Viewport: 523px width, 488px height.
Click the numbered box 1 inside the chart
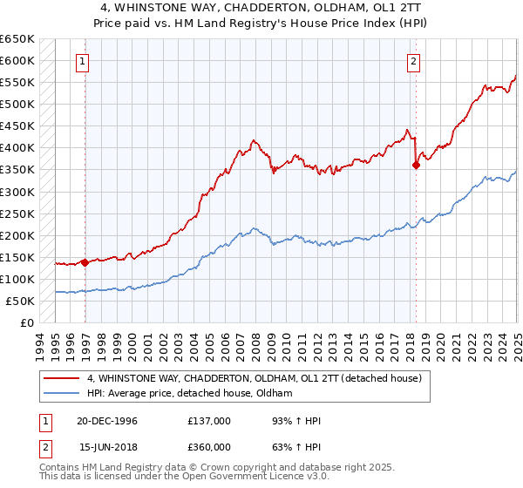(81, 61)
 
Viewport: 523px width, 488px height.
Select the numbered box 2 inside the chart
(412, 61)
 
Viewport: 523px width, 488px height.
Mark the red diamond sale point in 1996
(85, 261)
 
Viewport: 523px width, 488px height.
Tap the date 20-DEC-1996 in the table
(108, 421)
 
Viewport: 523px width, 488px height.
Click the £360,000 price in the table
(209, 446)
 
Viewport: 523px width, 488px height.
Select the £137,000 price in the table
(209, 421)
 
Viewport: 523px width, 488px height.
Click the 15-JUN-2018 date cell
(108, 446)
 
